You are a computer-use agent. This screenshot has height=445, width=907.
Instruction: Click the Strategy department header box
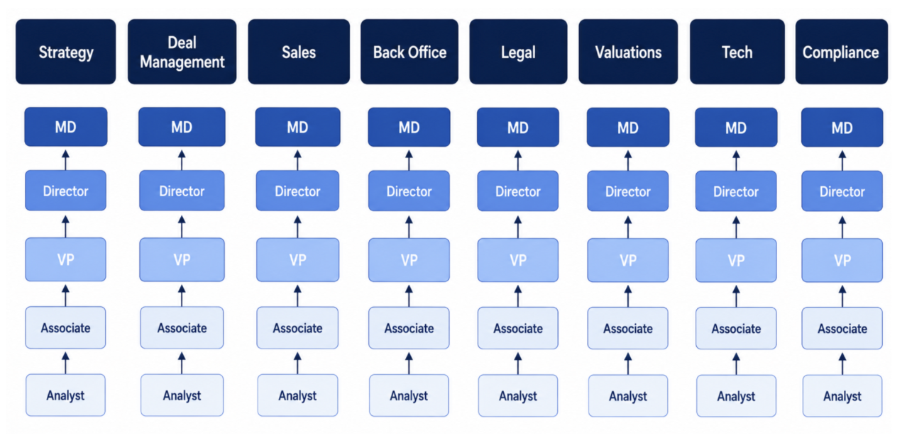point(65,52)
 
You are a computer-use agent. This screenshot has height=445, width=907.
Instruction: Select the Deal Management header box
point(182,52)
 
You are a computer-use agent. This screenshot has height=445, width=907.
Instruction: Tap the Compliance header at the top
point(842,52)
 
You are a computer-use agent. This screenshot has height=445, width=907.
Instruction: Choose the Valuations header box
point(628,52)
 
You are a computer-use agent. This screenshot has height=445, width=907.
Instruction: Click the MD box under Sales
point(297,127)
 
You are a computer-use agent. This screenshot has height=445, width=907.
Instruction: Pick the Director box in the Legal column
point(518,191)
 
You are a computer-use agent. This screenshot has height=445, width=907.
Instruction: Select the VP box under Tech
point(736,260)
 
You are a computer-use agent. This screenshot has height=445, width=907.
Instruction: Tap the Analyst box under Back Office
point(409,395)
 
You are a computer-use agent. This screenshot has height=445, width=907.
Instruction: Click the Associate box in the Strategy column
point(65,327)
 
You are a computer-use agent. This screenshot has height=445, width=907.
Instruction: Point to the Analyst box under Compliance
point(842,396)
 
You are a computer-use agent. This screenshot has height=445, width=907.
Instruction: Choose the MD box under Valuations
point(628,128)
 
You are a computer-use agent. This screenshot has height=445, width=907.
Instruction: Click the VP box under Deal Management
point(182,259)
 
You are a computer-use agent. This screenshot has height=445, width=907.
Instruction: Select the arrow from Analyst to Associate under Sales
point(297,364)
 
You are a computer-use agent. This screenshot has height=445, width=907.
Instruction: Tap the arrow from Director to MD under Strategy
point(65,160)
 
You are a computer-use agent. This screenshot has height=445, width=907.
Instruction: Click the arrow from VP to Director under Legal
point(518,227)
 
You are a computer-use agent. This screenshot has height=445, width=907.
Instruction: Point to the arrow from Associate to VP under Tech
point(736,296)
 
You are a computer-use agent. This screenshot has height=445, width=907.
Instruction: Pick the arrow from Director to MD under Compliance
point(842,160)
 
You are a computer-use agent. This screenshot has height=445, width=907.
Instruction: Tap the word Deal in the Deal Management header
point(182,43)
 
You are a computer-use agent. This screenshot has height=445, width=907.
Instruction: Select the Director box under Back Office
point(409,191)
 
